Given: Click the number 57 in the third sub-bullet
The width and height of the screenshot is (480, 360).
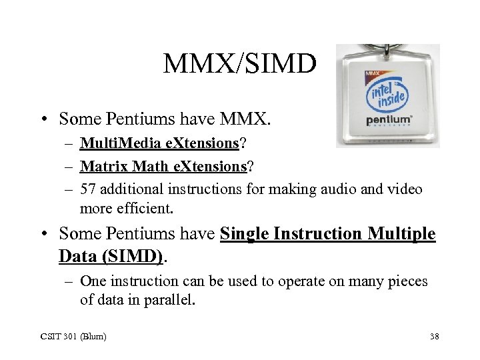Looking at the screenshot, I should click(89, 189).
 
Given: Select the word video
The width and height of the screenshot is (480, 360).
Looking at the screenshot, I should click(404, 189).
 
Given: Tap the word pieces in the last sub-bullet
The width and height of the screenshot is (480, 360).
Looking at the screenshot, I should click(405, 281).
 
